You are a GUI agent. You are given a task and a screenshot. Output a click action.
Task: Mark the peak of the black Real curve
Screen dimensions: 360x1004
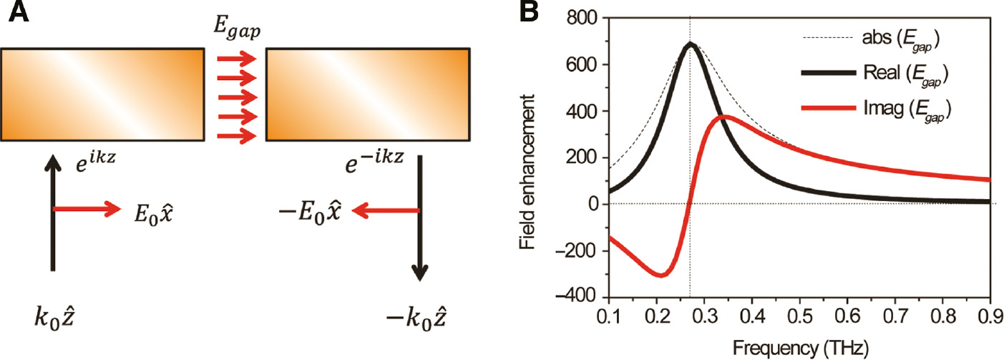click(x=690, y=44)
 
